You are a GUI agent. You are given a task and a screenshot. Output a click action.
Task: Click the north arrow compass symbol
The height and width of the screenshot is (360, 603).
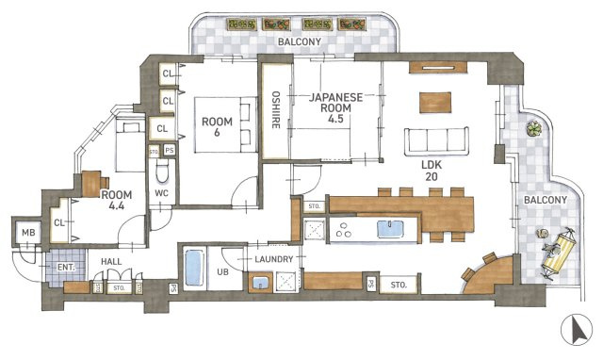point(576,330)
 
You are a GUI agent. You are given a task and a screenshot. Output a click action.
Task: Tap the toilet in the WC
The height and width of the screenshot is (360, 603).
point(162,171)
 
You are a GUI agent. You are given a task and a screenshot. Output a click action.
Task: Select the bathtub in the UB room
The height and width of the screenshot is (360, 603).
point(194,268)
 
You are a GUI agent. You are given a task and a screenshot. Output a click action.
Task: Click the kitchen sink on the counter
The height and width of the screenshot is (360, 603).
point(390,229)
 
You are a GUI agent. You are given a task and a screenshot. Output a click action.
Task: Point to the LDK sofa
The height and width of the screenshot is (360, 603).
point(436,140)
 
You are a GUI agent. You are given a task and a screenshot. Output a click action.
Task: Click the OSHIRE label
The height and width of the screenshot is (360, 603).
point(276,109)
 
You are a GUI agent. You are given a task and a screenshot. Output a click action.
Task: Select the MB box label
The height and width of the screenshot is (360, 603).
point(28,233)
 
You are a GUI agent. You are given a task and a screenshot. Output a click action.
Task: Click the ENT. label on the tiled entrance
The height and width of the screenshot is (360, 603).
point(66,267)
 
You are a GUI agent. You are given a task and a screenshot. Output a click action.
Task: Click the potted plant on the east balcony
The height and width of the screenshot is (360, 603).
point(534,128)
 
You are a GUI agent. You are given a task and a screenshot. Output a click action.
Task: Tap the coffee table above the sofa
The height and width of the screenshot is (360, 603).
point(435,103)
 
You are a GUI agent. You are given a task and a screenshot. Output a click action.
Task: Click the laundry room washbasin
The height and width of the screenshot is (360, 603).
point(260,283)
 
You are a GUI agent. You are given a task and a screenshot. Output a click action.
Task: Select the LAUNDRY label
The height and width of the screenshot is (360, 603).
point(274,259)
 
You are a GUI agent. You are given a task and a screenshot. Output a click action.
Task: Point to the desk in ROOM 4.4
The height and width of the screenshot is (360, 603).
point(92,184)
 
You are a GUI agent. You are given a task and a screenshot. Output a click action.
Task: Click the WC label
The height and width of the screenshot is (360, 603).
point(162,193)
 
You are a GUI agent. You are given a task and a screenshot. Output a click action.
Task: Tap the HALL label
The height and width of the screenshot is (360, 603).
point(111,262)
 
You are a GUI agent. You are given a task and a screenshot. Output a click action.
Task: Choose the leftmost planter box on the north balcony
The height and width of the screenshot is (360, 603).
point(241,25)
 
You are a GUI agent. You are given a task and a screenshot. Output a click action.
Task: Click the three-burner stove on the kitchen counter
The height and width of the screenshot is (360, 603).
point(343,230)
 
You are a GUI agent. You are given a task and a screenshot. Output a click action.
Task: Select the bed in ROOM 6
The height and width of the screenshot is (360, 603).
point(226,124)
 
